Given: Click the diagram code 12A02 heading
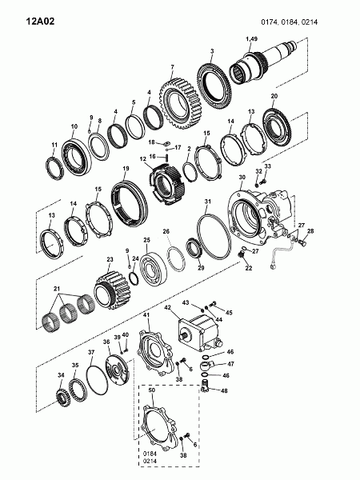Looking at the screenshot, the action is click(x=40, y=22).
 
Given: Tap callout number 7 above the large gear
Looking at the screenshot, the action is click(x=172, y=66).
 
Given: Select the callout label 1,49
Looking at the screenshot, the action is click(x=252, y=39).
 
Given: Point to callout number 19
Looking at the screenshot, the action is click(x=126, y=168).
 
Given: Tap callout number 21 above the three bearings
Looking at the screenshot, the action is click(x=57, y=289).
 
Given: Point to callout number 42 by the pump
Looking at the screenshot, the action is click(x=167, y=307).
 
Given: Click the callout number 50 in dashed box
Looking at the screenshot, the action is click(x=152, y=390).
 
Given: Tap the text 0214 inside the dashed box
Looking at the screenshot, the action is click(x=150, y=461).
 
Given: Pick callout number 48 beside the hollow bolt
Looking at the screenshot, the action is click(x=224, y=390).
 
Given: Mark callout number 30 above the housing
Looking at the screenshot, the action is click(x=242, y=177).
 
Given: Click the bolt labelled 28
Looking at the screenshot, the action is click(x=302, y=242).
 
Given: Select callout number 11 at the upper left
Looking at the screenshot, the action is click(x=54, y=145).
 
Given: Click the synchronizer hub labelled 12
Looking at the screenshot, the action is click(x=166, y=184).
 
